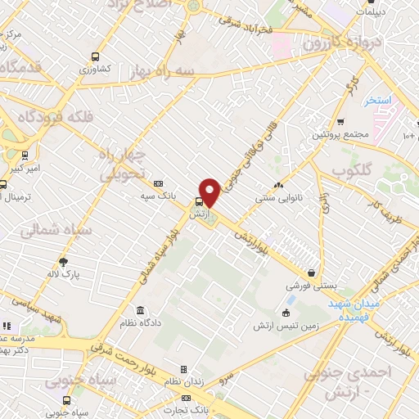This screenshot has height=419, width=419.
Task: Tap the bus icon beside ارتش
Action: tap(198, 202)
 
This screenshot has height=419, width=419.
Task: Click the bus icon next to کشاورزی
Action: tap(97, 58)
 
